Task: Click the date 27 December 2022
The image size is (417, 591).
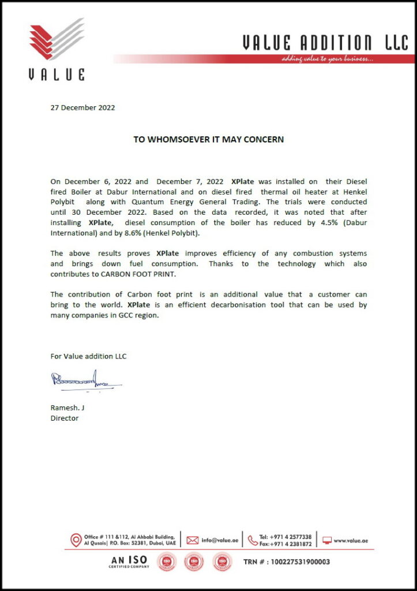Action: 82,107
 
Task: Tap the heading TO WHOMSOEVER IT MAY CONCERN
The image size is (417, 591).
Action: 209,140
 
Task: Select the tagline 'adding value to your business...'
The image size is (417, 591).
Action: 328,59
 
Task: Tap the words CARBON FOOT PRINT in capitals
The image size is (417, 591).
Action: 138,274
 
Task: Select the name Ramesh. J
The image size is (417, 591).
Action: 67,407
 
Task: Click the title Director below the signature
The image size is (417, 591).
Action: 65,418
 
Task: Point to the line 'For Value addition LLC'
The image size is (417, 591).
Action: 88,356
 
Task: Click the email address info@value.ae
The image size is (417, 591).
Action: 220,540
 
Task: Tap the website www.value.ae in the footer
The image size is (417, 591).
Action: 351,540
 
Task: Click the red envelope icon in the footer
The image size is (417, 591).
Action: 193,540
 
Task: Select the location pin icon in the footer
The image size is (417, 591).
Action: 76,540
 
